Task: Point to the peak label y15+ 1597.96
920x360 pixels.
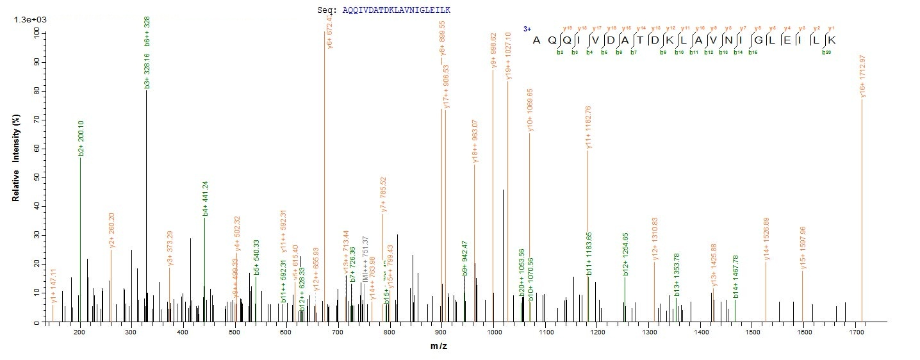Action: [x=803, y=247]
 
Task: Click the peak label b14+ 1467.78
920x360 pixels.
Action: [x=735, y=277]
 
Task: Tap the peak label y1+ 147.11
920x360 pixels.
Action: [x=54, y=286]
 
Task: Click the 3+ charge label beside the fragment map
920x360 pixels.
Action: [x=527, y=29]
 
